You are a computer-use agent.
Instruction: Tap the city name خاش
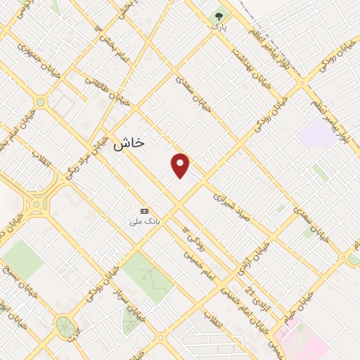click(129, 142)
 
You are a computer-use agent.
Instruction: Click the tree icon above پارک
click(219, 14)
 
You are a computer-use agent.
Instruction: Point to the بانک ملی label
click(145, 221)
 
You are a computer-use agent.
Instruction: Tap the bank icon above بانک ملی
click(145, 211)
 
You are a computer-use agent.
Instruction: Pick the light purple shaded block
click(316, 134)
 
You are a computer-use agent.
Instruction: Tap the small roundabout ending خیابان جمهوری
click(40, 102)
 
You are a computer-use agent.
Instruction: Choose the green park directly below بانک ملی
click(148, 274)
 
